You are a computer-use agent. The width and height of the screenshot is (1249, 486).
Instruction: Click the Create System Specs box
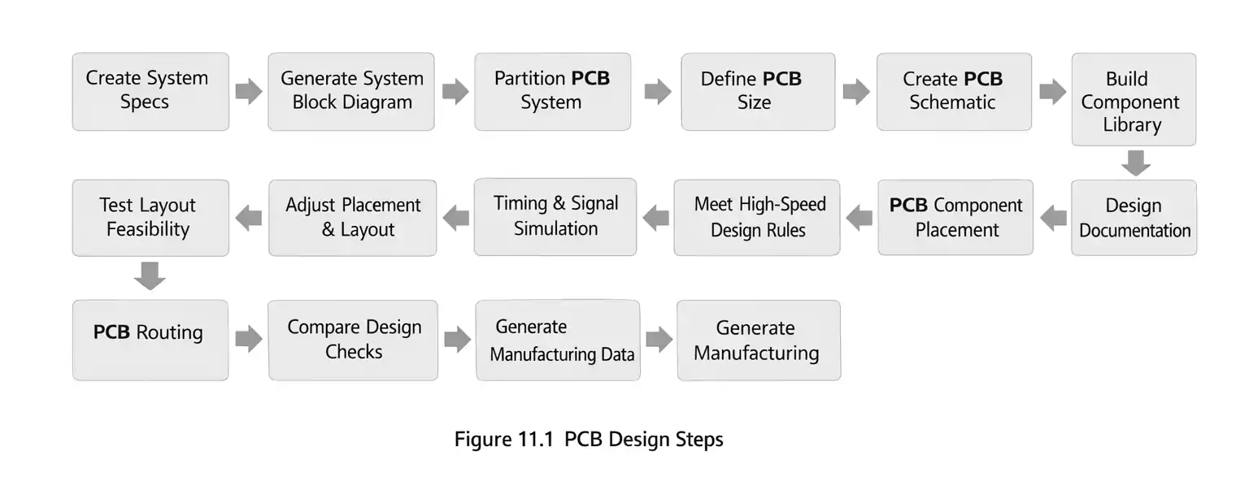click(150, 91)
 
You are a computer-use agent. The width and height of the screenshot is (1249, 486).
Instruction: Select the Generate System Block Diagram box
click(351, 91)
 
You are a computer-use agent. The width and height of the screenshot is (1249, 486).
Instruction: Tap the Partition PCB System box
click(552, 91)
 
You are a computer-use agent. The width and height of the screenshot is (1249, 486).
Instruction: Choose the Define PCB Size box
click(758, 91)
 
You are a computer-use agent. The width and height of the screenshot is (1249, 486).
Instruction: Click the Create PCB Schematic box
click(954, 91)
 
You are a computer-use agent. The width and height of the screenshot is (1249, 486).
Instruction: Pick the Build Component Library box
click(1134, 100)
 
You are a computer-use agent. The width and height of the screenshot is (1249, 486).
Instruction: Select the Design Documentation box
click(1134, 218)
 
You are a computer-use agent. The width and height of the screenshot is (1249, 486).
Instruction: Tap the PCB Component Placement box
click(955, 218)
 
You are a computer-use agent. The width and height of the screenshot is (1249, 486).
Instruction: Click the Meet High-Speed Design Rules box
click(757, 218)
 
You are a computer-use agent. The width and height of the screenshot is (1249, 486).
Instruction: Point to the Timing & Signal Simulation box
click(555, 217)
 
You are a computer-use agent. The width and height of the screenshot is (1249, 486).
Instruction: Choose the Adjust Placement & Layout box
click(353, 218)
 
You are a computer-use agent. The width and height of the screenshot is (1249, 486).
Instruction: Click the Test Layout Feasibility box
click(150, 218)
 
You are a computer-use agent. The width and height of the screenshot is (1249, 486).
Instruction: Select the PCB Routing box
click(150, 340)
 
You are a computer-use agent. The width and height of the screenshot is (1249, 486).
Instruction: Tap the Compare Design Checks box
click(353, 340)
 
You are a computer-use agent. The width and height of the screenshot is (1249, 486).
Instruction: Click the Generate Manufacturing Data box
click(558, 340)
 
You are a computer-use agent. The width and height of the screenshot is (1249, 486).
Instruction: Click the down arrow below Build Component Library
click(1135, 163)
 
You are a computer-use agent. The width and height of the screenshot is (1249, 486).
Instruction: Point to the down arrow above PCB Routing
click(150, 276)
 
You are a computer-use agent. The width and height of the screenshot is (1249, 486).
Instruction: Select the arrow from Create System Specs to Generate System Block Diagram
click(249, 91)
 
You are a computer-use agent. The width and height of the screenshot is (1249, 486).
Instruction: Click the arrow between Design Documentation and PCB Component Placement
click(1054, 218)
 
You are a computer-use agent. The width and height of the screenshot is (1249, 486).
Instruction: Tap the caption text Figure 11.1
click(504, 440)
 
